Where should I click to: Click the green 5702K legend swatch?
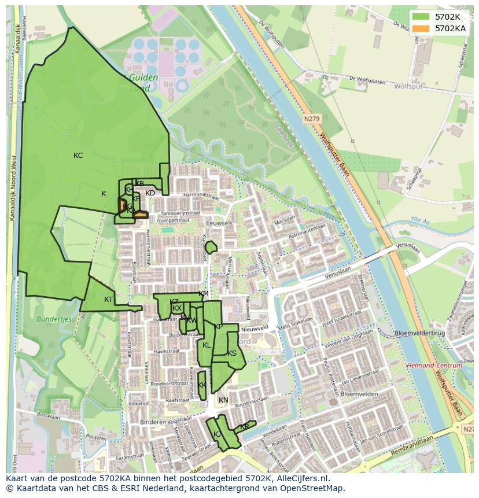(x=421, y=17)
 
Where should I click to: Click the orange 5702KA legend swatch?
(x=421, y=28)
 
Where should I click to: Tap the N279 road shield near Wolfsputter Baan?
(x=311, y=119)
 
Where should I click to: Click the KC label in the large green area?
(x=78, y=156)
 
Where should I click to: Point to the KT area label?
(x=109, y=299)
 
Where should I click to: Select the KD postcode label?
(x=150, y=193)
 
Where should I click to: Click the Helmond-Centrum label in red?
(x=434, y=366)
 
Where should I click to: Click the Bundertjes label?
(x=53, y=319)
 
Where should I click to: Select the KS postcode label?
(x=232, y=353)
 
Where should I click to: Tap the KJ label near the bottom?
(x=217, y=434)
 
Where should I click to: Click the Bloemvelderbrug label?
(x=419, y=334)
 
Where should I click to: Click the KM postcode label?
(x=204, y=294)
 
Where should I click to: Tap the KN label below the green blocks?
(x=223, y=400)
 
